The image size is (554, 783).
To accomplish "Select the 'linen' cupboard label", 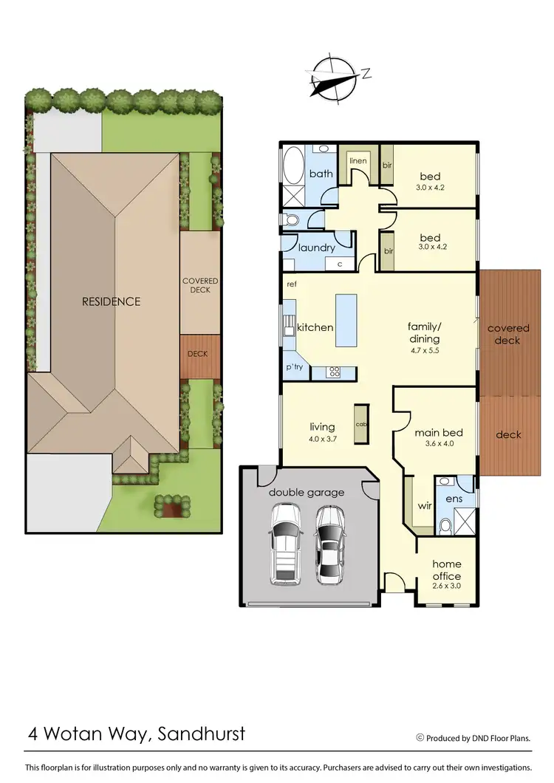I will [358, 161].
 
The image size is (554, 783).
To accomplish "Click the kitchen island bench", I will [346, 320].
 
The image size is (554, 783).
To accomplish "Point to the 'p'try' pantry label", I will [295, 367].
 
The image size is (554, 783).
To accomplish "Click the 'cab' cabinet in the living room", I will [361, 425].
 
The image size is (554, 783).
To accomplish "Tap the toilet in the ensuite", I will [445, 524].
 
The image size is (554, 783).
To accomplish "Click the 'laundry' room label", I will [316, 247].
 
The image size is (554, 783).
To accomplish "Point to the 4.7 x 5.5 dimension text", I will [424, 350].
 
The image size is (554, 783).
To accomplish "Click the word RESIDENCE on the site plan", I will [111, 301].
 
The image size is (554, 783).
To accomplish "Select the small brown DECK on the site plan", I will [198, 354].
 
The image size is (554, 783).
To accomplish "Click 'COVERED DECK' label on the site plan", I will [196, 285].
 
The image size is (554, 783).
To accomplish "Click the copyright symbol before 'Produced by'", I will [420, 737].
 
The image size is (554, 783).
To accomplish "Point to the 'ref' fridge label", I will [293, 282].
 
